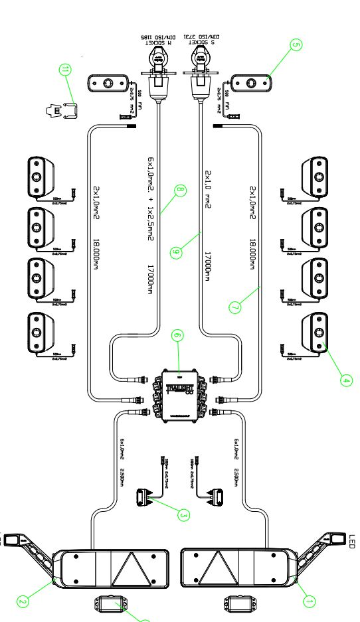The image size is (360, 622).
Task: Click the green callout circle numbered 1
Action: tap(308, 601)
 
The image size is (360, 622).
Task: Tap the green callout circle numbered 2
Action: tap(22, 602)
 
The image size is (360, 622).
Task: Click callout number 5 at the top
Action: tap(296, 44)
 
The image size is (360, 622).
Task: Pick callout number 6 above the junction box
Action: tap(177, 337)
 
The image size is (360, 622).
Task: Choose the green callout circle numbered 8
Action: tap(178, 191)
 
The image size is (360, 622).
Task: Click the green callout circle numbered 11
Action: tap(64, 70)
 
